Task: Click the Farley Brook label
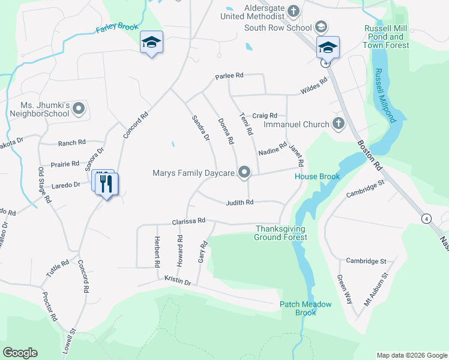pyautogui.click(x=117, y=28)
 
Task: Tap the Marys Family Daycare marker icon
pyautogui.click(x=244, y=173)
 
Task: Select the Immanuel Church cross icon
pyautogui.click(x=338, y=124)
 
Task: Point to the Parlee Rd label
pyautogui.click(x=230, y=76)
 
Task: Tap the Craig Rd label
pyautogui.click(x=265, y=115)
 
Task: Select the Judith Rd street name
pyautogui.click(x=240, y=203)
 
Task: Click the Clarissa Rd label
pyautogui.click(x=189, y=221)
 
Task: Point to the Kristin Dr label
pyautogui.click(x=178, y=281)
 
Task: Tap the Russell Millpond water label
pyautogui.click(x=385, y=96)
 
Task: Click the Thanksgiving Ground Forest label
pyautogui.click(x=281, y=233)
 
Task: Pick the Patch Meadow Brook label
pyautogui.click(x=306, y=308)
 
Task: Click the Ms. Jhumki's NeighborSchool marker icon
pyautogui.click(x=79, y=109)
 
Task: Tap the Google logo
pyautogui.click(x=20, y=352)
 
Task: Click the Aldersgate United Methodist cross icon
pyautogui.click(x=293, y=10)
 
